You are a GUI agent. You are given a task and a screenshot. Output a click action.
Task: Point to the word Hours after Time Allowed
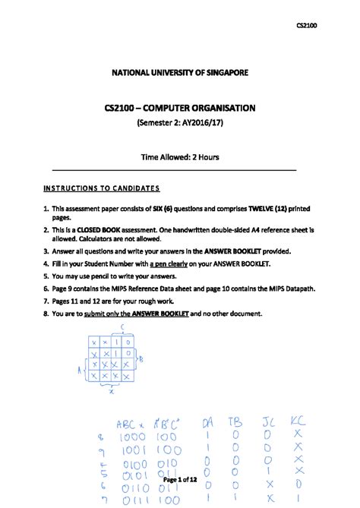click(x=205, y=157)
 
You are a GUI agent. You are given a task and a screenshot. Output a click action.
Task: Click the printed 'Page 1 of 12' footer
click(x=180, y=481)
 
